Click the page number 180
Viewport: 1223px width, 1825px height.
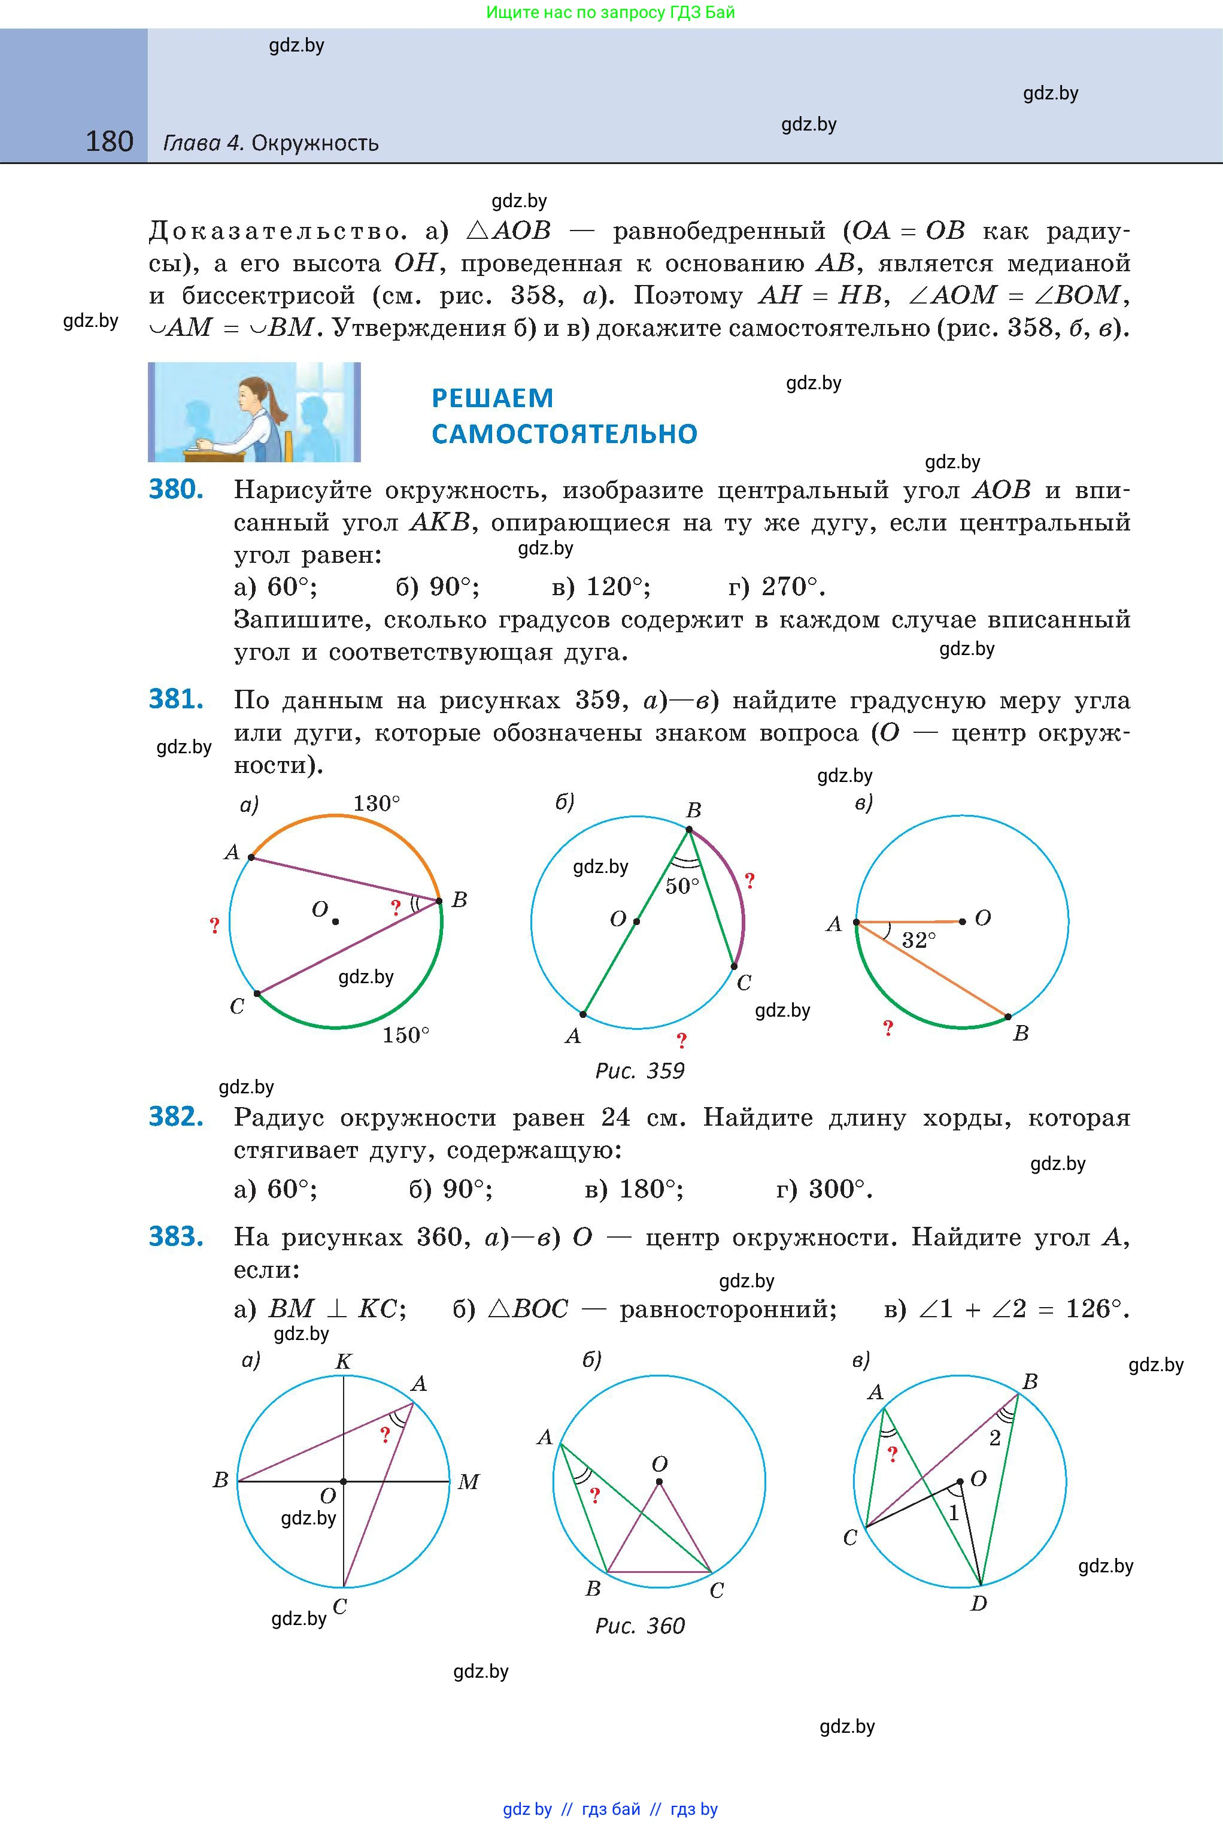point(109,141)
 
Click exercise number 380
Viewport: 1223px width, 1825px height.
point(176,489)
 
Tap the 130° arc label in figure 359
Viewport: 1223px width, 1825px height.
point(377,804)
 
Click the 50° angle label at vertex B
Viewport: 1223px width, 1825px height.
point(682,886)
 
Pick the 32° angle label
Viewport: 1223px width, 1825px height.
point(919,941)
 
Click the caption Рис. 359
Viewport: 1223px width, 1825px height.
point(639,1071)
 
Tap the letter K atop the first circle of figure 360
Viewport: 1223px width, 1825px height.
point(343,1362)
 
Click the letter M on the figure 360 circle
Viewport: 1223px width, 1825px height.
point(468,1482)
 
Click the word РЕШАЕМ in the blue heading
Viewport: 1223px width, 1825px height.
point(492,398)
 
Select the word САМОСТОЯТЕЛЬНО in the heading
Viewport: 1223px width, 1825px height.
point(564,433)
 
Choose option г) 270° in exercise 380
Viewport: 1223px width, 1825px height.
point(776,587)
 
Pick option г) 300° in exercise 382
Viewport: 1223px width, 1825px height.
point(824,1189)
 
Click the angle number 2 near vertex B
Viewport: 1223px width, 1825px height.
point(994,1438)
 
